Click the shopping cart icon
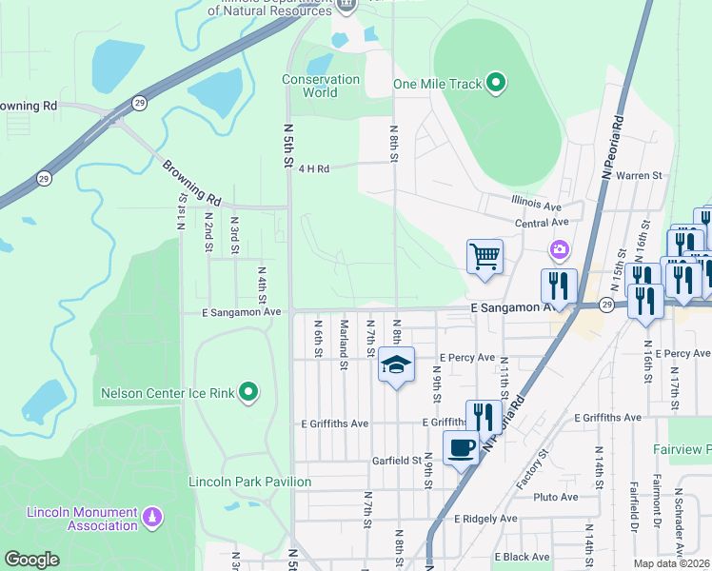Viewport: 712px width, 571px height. [485, 256]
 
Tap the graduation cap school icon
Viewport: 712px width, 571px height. [397, 364]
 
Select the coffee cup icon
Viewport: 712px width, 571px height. [462, 447]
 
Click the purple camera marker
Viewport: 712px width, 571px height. [558, 249]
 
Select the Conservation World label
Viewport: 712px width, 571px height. [322, 86]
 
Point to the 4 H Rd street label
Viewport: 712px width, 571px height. [313, 168]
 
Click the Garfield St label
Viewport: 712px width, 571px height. [396, 461]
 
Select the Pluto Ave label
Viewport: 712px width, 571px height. [556, 497]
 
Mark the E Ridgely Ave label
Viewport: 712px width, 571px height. [485, 519]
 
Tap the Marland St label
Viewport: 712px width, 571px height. [344, 339]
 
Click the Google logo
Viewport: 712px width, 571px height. [32, 560]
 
